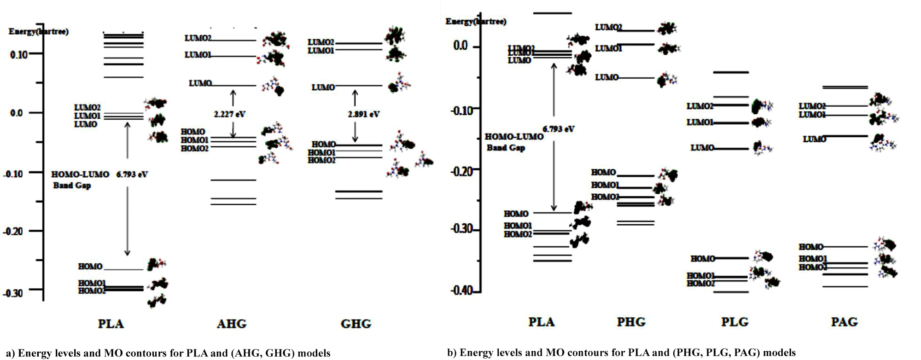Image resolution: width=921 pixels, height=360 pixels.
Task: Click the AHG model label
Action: [x=232, y=324]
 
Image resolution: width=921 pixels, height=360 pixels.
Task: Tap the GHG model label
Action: [x=356, y=324]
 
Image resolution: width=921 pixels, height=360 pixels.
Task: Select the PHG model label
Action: [x=631, y=322]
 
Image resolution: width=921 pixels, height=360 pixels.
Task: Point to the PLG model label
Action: [x=734, y=322]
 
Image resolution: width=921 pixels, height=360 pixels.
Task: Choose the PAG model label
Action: [x=844, y=322]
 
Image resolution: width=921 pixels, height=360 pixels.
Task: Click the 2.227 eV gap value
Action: [x=229, y=114]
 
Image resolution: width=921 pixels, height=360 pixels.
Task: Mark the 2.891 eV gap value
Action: [x=364, y=114]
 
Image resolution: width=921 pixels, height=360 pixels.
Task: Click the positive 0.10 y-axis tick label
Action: [x=19, y=54]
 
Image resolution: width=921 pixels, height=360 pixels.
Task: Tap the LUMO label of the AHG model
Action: [x=200, y=83]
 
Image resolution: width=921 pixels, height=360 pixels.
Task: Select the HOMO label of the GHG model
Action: [x=323, y=145]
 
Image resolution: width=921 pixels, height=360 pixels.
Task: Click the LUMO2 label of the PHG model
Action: [x=608, y=28]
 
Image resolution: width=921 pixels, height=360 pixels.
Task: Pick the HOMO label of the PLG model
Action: [x=703, y=259]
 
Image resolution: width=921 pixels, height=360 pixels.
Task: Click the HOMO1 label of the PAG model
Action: [x=813, y=259]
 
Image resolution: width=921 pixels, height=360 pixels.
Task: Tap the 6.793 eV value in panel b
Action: [x=558, y=129]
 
